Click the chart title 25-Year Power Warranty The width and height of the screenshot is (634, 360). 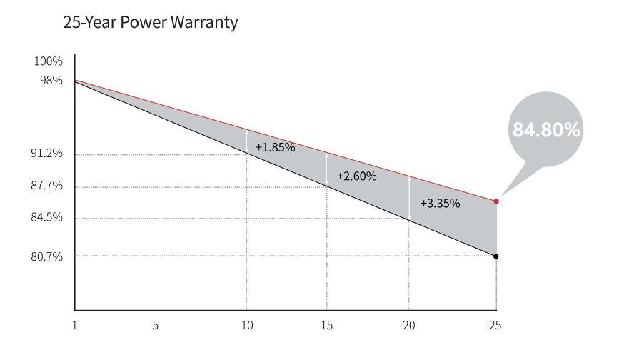150,23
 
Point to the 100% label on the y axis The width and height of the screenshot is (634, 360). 49,61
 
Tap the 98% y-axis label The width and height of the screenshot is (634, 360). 51,81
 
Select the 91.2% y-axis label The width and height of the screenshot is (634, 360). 47,154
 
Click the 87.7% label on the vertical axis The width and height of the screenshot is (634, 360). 47,186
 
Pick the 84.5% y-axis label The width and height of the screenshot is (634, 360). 47,217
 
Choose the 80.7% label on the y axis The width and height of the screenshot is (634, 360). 47,256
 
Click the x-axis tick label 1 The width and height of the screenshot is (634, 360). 74,325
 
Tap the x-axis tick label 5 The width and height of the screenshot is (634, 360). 155,325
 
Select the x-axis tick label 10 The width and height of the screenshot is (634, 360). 246,325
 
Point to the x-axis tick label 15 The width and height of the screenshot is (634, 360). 326,325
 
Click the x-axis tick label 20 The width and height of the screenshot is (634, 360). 408,325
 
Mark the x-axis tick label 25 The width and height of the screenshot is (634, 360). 495,325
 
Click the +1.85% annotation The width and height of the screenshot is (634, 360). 275,147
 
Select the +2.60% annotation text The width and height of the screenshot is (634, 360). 356,176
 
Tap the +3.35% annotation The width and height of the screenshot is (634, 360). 440,203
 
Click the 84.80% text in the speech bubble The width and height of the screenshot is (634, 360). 546,130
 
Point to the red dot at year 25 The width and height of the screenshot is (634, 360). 496,201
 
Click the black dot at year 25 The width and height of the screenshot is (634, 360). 496,256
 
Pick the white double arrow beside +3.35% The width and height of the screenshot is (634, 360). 409,198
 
